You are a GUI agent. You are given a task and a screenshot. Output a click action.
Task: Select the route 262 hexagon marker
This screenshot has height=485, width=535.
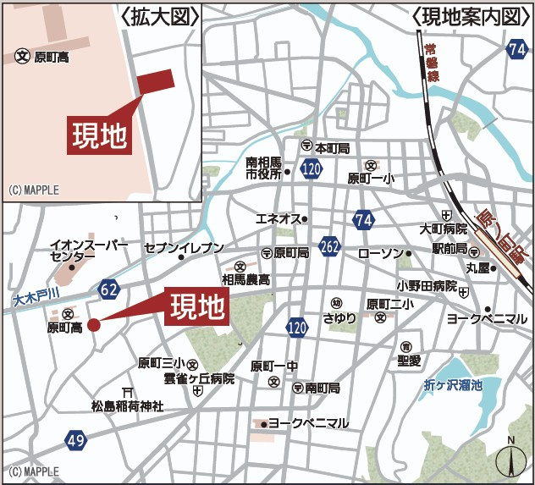point(330,247)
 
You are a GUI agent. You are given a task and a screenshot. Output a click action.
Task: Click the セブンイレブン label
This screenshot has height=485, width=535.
point(184,248)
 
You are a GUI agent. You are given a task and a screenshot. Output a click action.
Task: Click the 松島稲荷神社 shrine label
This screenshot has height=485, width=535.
point(127,407)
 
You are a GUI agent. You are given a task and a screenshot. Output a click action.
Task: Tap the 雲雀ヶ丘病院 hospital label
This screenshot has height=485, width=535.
point(199,379)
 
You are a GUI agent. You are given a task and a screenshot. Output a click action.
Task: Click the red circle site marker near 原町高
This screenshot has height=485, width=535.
point(93,324)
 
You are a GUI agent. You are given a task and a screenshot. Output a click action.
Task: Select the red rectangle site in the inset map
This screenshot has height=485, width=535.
point(155,80)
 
